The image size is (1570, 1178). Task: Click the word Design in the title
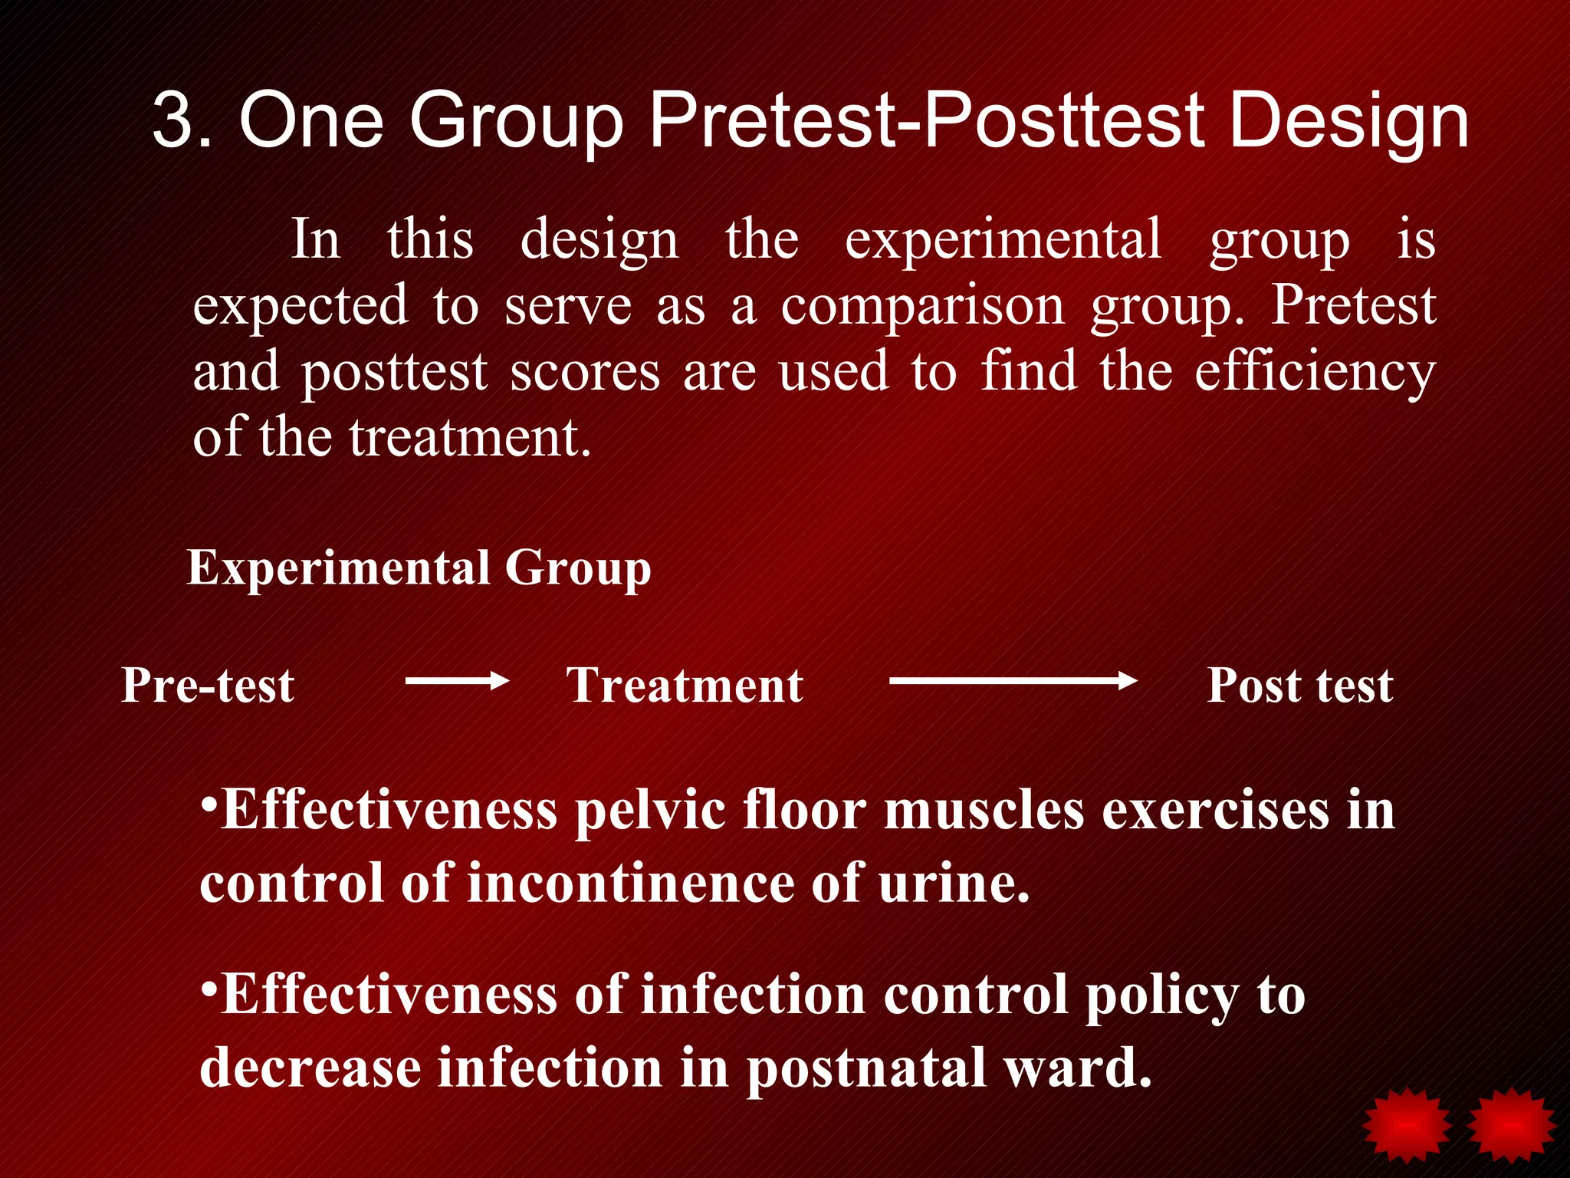pyautogui.click(x=1348, y=121)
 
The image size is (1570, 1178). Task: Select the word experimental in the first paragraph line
pyautogui.click(x=1003, y=241)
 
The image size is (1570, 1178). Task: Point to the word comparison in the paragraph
pyautogui.click(x=923, y=306)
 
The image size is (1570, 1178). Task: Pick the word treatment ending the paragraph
pyautogui.click(x=469, y=438)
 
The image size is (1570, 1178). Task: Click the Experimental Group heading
pyautogui.click(x=419, y=568)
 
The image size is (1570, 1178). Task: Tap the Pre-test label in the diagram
pyautogui.click(x=208, y=685)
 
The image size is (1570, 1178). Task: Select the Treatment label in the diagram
pyautogui.click(x=685, y=685)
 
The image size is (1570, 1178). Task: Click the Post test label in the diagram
pyautogui.click(x=1300, y=685)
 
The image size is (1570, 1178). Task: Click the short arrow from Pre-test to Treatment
pyautogui.click(x=457, y=680)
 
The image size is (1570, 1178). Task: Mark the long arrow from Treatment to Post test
pyautogui.click(x=1012, y=680)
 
